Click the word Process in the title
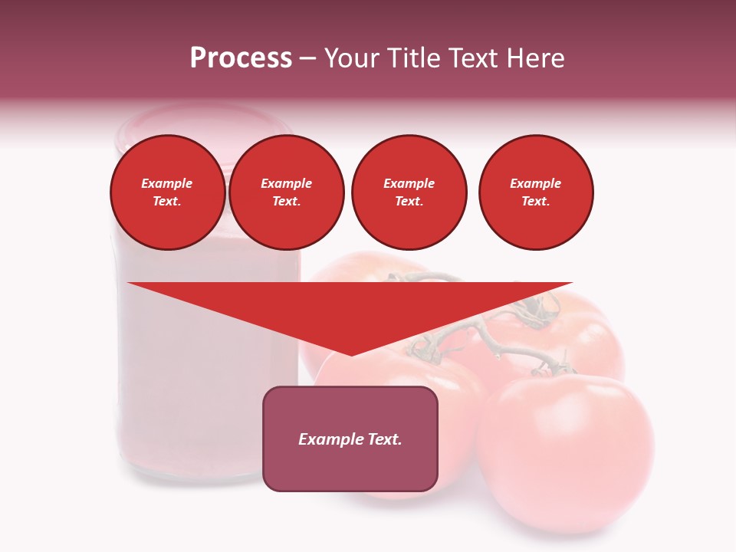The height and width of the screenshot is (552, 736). pos(241,58)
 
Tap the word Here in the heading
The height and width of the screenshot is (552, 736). pos(535,58)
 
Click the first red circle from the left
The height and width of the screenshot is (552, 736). pos(168,192)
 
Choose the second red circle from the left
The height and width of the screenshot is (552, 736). pos(287,192)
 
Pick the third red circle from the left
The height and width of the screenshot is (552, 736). pos(409,192)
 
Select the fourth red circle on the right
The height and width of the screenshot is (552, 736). pos(536,192)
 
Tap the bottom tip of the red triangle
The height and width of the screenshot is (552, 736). pos(351,354)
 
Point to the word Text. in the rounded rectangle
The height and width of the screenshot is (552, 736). pos(386,439)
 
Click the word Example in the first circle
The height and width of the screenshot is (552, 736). pos(167,183)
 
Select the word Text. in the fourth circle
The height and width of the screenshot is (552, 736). pos(536,202)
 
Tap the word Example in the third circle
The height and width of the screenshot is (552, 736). pos(409,183)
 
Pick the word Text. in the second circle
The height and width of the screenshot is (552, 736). pos(287,202)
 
